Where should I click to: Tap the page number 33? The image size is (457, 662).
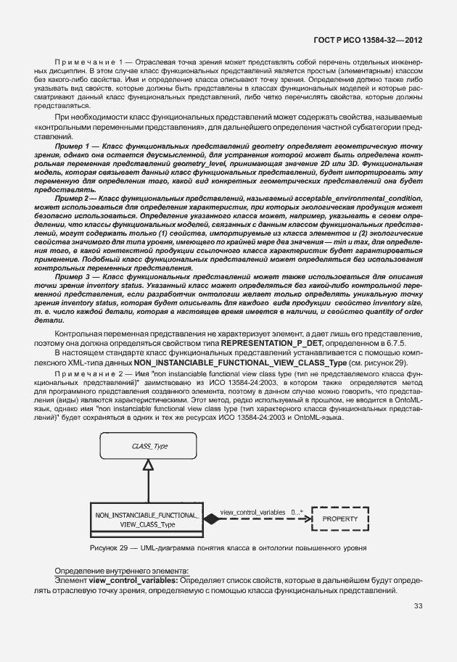coord(418,606)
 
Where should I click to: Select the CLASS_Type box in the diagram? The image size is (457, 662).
coord(150,447)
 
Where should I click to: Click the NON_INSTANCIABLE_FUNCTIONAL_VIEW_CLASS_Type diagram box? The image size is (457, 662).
coord(147,519)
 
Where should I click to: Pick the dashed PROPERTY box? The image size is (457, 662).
coord(339,519)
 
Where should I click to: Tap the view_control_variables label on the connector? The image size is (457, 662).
coord(252,512)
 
